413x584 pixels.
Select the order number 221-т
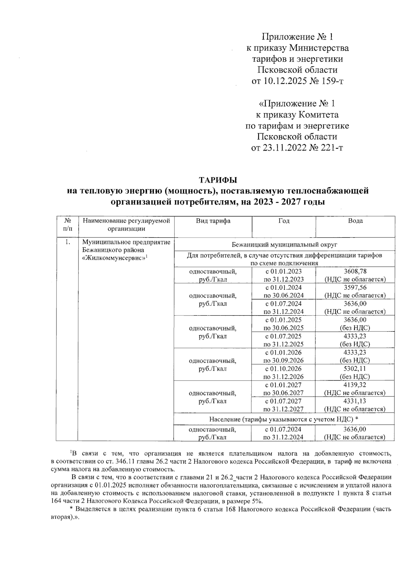pyautogui.click(x=332, y=148)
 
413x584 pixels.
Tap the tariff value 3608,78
pyautogui.click(x=355, y=272)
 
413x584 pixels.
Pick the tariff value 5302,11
pyautogui.click(x=355, y=369)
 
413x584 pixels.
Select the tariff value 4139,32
pyautogui.click(x=355, y=385)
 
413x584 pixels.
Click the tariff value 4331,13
pyautogui.click(x=355, y=401)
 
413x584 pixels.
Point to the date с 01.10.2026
pyautogui.click(x=284, y=369)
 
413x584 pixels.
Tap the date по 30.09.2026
pyautogui.click(x=284, y=361)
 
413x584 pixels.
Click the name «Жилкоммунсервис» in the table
pyautogui.click(x=115, y=258)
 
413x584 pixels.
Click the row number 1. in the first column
pyautogui.click(x=68, y=242)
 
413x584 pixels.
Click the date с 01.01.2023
pyautogui.click(x=284, y=272)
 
